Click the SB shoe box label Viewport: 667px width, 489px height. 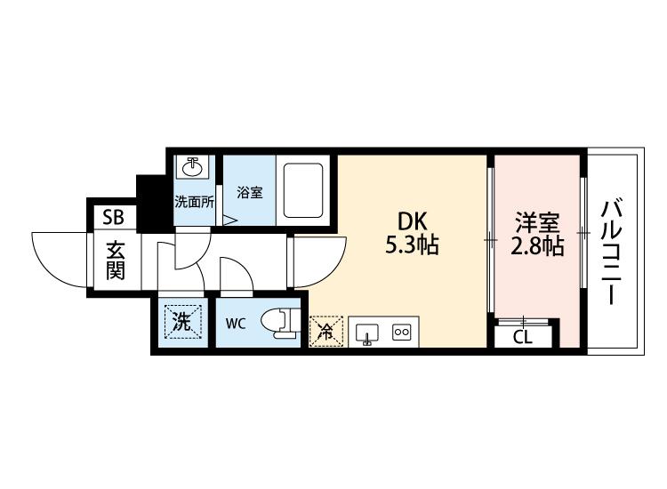coord(114,217)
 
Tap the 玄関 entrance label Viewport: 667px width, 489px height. coord(115,261)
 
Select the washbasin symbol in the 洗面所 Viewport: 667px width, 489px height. coord(193,166)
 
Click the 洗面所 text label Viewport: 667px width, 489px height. coord(195,202)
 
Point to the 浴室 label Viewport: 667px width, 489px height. coord(250,192)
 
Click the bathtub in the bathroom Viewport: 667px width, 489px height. coord(304,190)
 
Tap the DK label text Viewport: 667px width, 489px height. coord(412,221)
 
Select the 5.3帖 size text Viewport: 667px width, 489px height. coord(412,244)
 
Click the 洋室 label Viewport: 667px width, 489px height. coord(537,223)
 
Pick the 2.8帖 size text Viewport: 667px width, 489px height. coord(537,245)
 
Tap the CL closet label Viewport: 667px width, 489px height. coord(523,337)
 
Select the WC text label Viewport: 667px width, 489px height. coord(236,324)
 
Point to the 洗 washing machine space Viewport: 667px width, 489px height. coord(182,323)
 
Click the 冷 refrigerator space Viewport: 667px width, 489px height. coord(325,333)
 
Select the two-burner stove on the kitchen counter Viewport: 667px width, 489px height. coord(402,332)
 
